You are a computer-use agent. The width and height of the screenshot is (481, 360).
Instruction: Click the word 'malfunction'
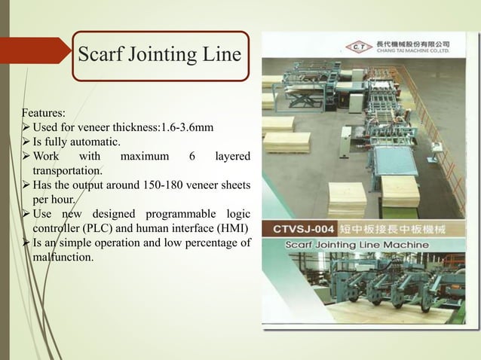coord(64,258)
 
